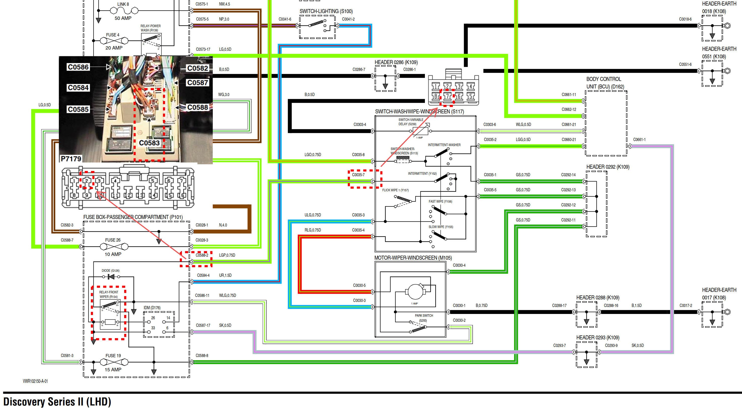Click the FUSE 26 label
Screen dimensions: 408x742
click(x=113, y=240)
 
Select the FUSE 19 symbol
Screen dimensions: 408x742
click(x=113, y=362)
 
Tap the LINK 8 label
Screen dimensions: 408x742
click(x=123, y=4)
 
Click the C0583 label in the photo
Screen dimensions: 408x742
click(x=149, y=143)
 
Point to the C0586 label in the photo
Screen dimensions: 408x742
click(x=78, y=67)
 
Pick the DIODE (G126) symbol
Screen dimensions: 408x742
click(x=110, y=277)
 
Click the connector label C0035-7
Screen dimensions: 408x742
click(x=358, y=175)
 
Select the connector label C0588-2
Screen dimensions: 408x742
click(x=202, y=255)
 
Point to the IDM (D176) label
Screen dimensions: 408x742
click(x=152, y=308)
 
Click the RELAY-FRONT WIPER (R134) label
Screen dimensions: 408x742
click(x=109, y=294)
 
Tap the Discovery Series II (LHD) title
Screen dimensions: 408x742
click(x=57, y=401)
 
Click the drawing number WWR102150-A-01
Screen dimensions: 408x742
click(x=36, y=381)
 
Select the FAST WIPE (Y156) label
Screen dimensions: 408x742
click(x=440, y=202)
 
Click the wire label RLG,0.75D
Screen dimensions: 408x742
click(x=313, y=230)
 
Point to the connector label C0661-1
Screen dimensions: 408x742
click(x=639, y=140)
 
